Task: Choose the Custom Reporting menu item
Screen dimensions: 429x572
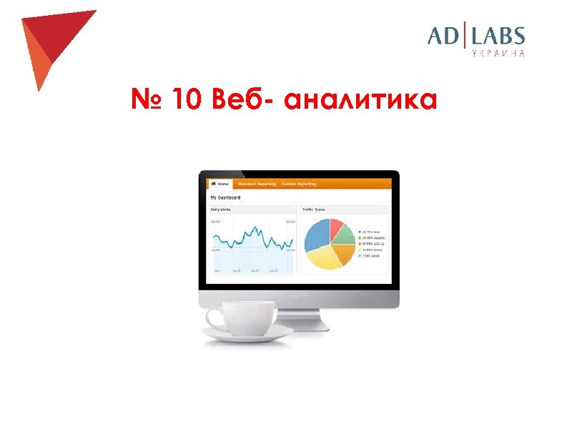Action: (298, 184)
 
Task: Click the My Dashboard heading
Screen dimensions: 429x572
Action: (225, 197)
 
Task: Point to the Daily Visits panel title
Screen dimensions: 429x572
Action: (221, 209)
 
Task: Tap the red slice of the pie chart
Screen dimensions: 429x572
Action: (336, 227)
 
